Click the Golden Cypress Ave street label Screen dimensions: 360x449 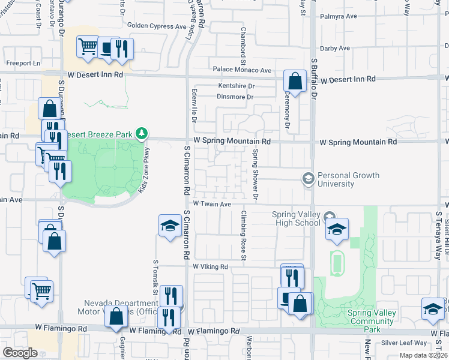point(157,26)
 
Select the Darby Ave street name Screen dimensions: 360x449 point(336,48)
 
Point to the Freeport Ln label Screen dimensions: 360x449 point(23,62)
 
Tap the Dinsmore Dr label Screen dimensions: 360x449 point(235,97)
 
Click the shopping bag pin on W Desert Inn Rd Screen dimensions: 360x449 point(295,82)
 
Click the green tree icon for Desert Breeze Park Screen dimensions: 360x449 point(141,133)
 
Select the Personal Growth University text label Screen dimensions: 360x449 point(348,179)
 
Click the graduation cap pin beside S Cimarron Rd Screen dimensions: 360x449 point(170,227)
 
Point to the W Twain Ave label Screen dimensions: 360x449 point(211,205)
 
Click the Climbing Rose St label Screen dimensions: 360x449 point(244,235)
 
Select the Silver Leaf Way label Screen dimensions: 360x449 point(405,343)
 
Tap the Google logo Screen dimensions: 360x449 point(20,353)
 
